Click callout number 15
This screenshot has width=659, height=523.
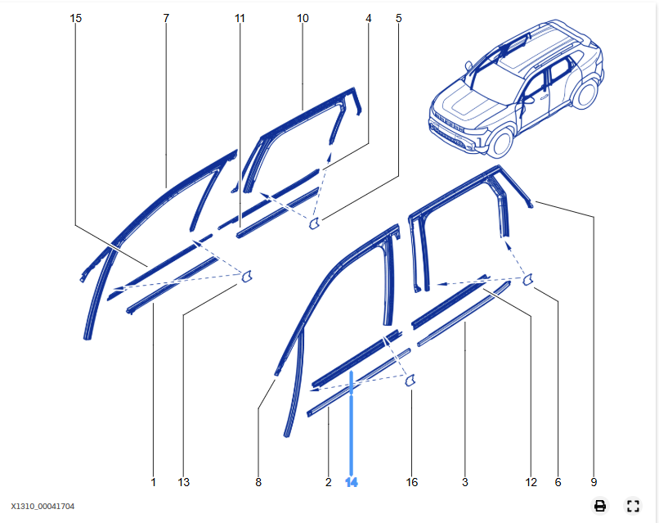pyautogui.click(x=76, y=17)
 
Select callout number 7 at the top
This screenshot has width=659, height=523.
pyautogui.click(x=166, y=17)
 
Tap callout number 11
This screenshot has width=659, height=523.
pyautogui.click(x=240, y=17)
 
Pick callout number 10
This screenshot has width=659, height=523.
pyautogui.click(x=303, y=17)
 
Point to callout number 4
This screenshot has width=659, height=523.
pyautogui.click(x=369, y=17)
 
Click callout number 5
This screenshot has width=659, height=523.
pyautogui.click(x=399, y=17)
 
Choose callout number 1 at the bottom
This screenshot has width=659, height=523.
pyautogui.click(x=153, y=483)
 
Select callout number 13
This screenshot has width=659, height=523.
pyautogui.click(x=184, y=483)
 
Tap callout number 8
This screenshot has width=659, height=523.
pyautogui.click(x=258, y=483)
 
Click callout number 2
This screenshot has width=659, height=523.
pyautogui.click(x=328, y=483)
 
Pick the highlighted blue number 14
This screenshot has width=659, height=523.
pyautogui.click(x=352, y=483)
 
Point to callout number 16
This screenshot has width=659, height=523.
pyautogui.click(x=412, y=483)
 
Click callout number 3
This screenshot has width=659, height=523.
pyautogui.click(x=465, y=483)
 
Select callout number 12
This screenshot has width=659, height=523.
pyautogui.click(x=531, y=483)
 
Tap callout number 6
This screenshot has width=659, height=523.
pyautogui.click(x=558, y=483)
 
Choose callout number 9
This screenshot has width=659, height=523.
pyautogui.click(x=594, y=483)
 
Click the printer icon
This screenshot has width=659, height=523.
pyautogui.click(x=600, y=506)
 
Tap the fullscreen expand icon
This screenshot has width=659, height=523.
pyautogui.click(x=632, y=506)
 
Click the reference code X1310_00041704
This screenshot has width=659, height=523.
pyautogui.click(x=43, y=507)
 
